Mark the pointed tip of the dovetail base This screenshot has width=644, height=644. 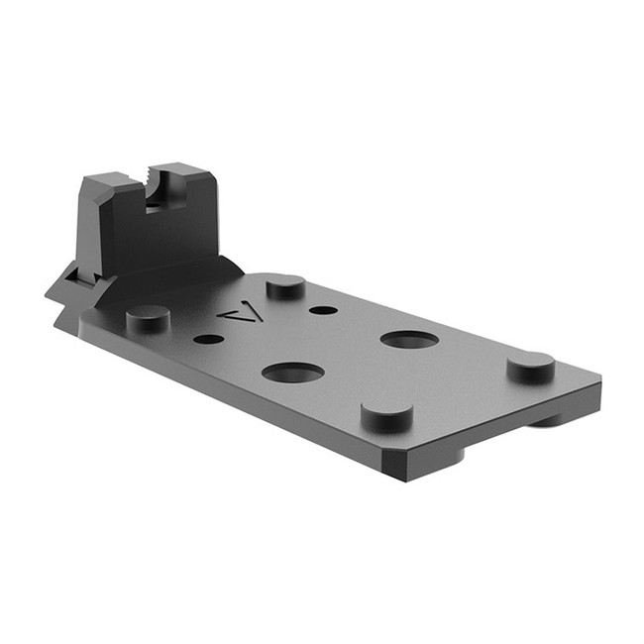[x=50, y=294]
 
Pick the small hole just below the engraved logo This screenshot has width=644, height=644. [x=208, y=339]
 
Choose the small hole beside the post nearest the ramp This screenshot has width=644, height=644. [x=323, y=310]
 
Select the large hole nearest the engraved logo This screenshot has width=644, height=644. [x=292, y=373]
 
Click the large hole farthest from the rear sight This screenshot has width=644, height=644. [x=409, y=340]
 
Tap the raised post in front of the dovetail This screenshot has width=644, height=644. [x=148, y=318]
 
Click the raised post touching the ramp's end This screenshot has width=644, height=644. [x=285, y=287]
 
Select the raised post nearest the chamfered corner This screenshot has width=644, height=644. [x=386, y=415]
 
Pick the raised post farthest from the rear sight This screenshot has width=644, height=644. [x=531, y=367]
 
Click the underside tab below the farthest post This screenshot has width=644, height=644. [x=548, y=420]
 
